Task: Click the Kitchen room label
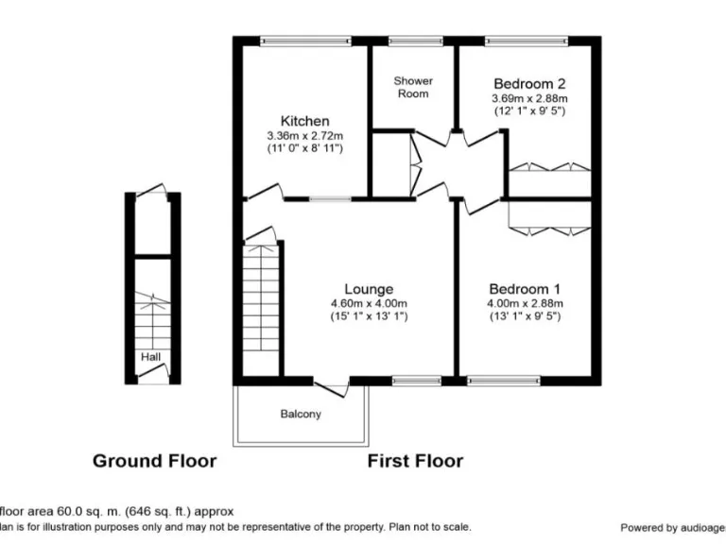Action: coord(304,121)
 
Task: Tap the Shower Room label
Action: coord(413,87)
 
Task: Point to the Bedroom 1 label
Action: coord(525,288)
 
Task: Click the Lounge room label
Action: coord(369,288)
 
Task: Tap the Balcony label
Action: coord(301,414)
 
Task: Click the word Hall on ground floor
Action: coord(150,357)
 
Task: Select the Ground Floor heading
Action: coord(154,461)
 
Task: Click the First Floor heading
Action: coord(415,461)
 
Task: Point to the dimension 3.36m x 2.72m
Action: coord(304,136)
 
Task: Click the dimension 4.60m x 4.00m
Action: coord(369,303)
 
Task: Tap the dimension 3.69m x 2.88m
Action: coord(528,97)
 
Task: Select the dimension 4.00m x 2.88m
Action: coord(525,303)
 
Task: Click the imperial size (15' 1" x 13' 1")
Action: coord(369,316)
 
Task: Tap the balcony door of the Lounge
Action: coord(332,385)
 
